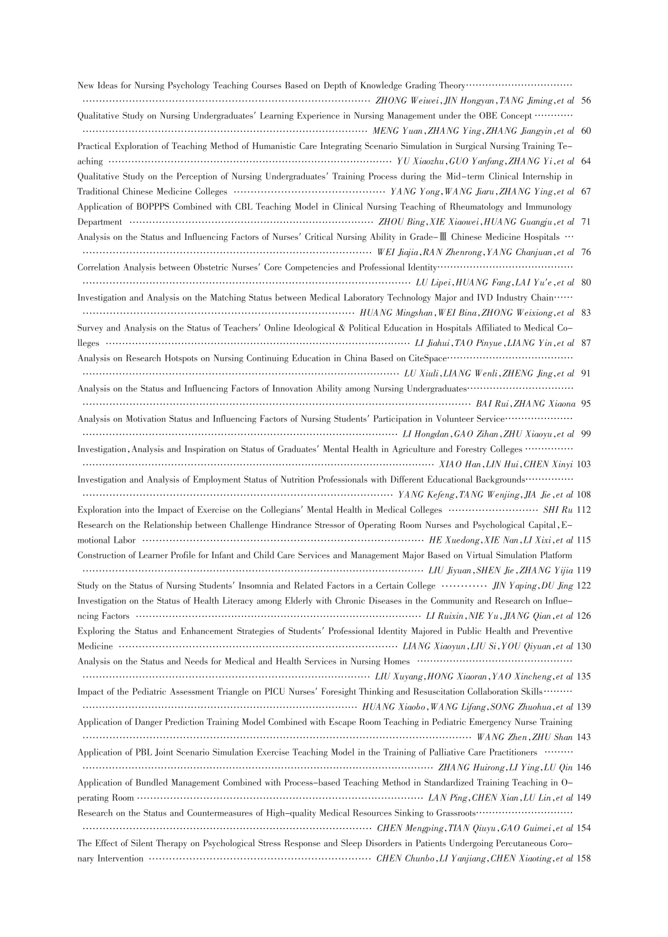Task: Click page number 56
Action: pyautogui.click(x=586, y=101)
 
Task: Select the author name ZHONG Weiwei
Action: pyautogui.click(x=402, y=101)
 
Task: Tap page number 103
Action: pyautogui.click(x=584, y=464)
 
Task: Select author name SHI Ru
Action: pyautogui.click(x=558, y=510)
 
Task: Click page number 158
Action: pyautogui.click(x=584, y=859)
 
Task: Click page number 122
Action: pyautogui.click(x=584, y=586)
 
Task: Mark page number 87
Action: pyautogui.click(x=586, y=343)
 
